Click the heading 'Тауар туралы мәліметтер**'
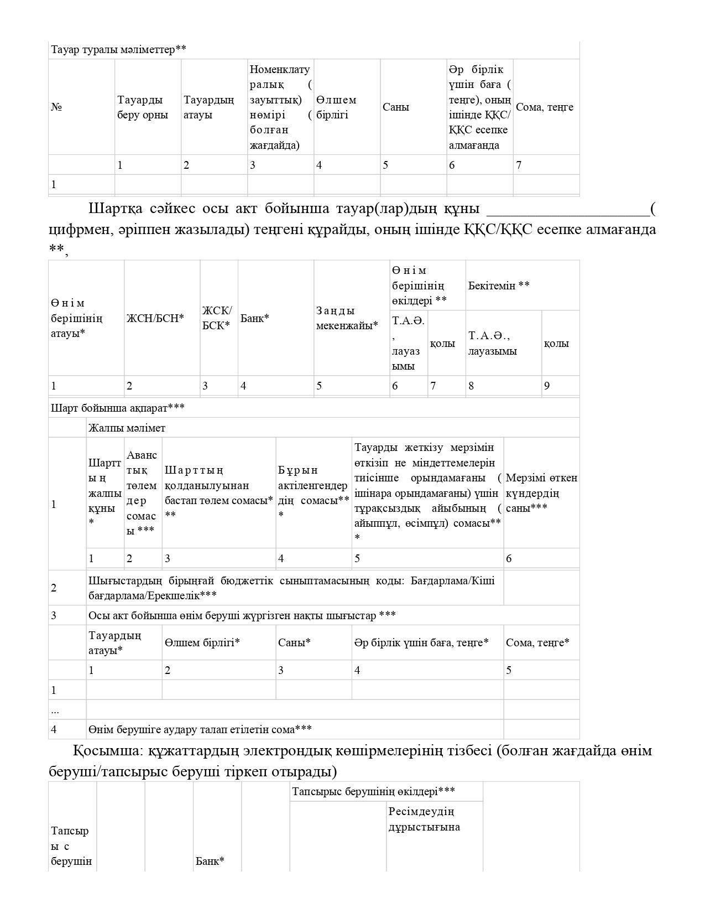click(x=118, y=50)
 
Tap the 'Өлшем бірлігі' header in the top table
click(x=336, y=107)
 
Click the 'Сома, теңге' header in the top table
click(x=545, y=107)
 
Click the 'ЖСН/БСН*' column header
click(x=155, y=318)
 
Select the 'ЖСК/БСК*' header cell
click(x=217, y=318)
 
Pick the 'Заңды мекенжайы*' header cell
click(x=347, y=318)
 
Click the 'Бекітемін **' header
click(x=499, y=286)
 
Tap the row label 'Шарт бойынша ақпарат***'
click(x=118, y=408)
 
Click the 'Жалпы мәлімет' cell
click(x=127, y=428)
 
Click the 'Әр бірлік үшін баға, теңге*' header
click(x=421, y=643)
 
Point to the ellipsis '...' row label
click(x=55, y=710)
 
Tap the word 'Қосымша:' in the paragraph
click(x=97, y=751)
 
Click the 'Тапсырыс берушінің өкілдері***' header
click(x=373, y=792)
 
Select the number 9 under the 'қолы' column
click(x=547, y=386)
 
